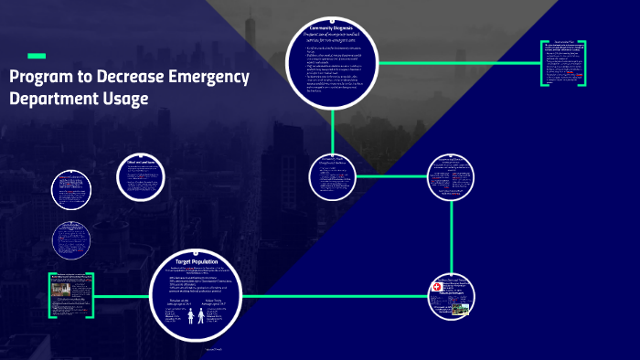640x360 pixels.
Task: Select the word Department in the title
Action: click(x=52, y=99)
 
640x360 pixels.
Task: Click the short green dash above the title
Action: click(x=37, y=56)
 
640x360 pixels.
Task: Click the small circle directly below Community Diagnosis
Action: click(x=333, y=177)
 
